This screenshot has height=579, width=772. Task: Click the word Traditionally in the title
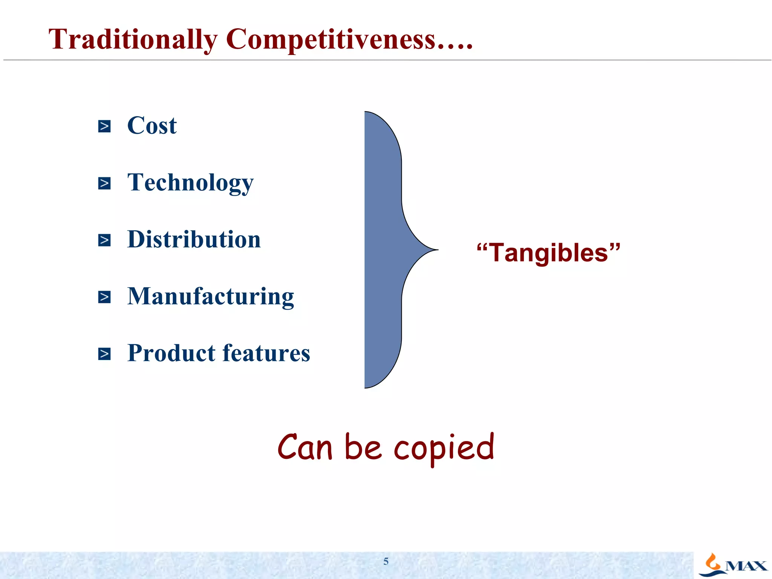[133, 40]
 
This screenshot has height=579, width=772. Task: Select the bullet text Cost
[152, 126]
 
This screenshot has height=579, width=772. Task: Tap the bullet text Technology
[190, 183]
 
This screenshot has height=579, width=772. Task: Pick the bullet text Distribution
[194, 239]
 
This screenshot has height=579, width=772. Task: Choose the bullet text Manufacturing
[210, 296]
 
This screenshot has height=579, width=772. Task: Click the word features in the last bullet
[266, 353]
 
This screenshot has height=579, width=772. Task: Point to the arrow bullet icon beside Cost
[104, 126]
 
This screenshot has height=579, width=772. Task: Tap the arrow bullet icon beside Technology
[104, 183]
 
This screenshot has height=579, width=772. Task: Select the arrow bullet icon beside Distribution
[104, 240]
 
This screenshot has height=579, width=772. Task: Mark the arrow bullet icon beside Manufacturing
[104, 297]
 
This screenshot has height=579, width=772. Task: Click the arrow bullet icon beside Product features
[104, 354]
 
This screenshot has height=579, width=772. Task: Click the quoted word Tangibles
[548, 253]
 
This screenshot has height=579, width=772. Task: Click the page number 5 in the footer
[386, 561]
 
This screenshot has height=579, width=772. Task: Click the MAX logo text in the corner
[746, 566]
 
